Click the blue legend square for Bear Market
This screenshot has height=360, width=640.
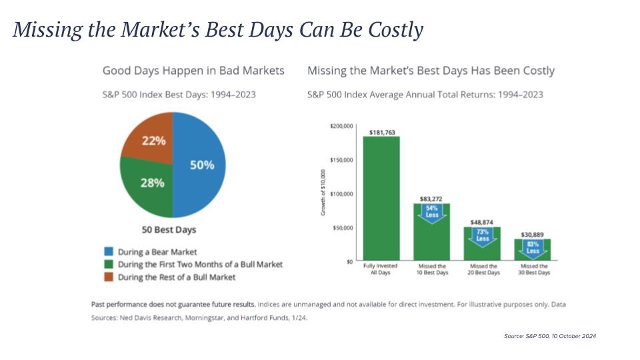click(x=109, y=252)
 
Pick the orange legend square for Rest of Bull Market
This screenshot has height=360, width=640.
click(x=109, y=277)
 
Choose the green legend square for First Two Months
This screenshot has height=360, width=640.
click(x=109, y=264)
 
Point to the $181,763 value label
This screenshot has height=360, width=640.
click(x=381, y=131)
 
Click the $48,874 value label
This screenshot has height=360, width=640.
click(x=483, y=222)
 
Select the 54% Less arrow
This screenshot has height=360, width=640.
click(x=433, y=213)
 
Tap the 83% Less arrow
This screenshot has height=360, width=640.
click(x=533, y=247)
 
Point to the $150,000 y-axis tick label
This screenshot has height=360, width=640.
click(x=341, y=160)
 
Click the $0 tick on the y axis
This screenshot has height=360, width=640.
click(x=349, y=261)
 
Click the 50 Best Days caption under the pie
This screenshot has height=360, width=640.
click(x=169, y=230)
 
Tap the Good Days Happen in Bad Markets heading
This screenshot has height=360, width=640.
click(x=193, y=71)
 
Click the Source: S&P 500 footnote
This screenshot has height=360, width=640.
click(x=549, y=336)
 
